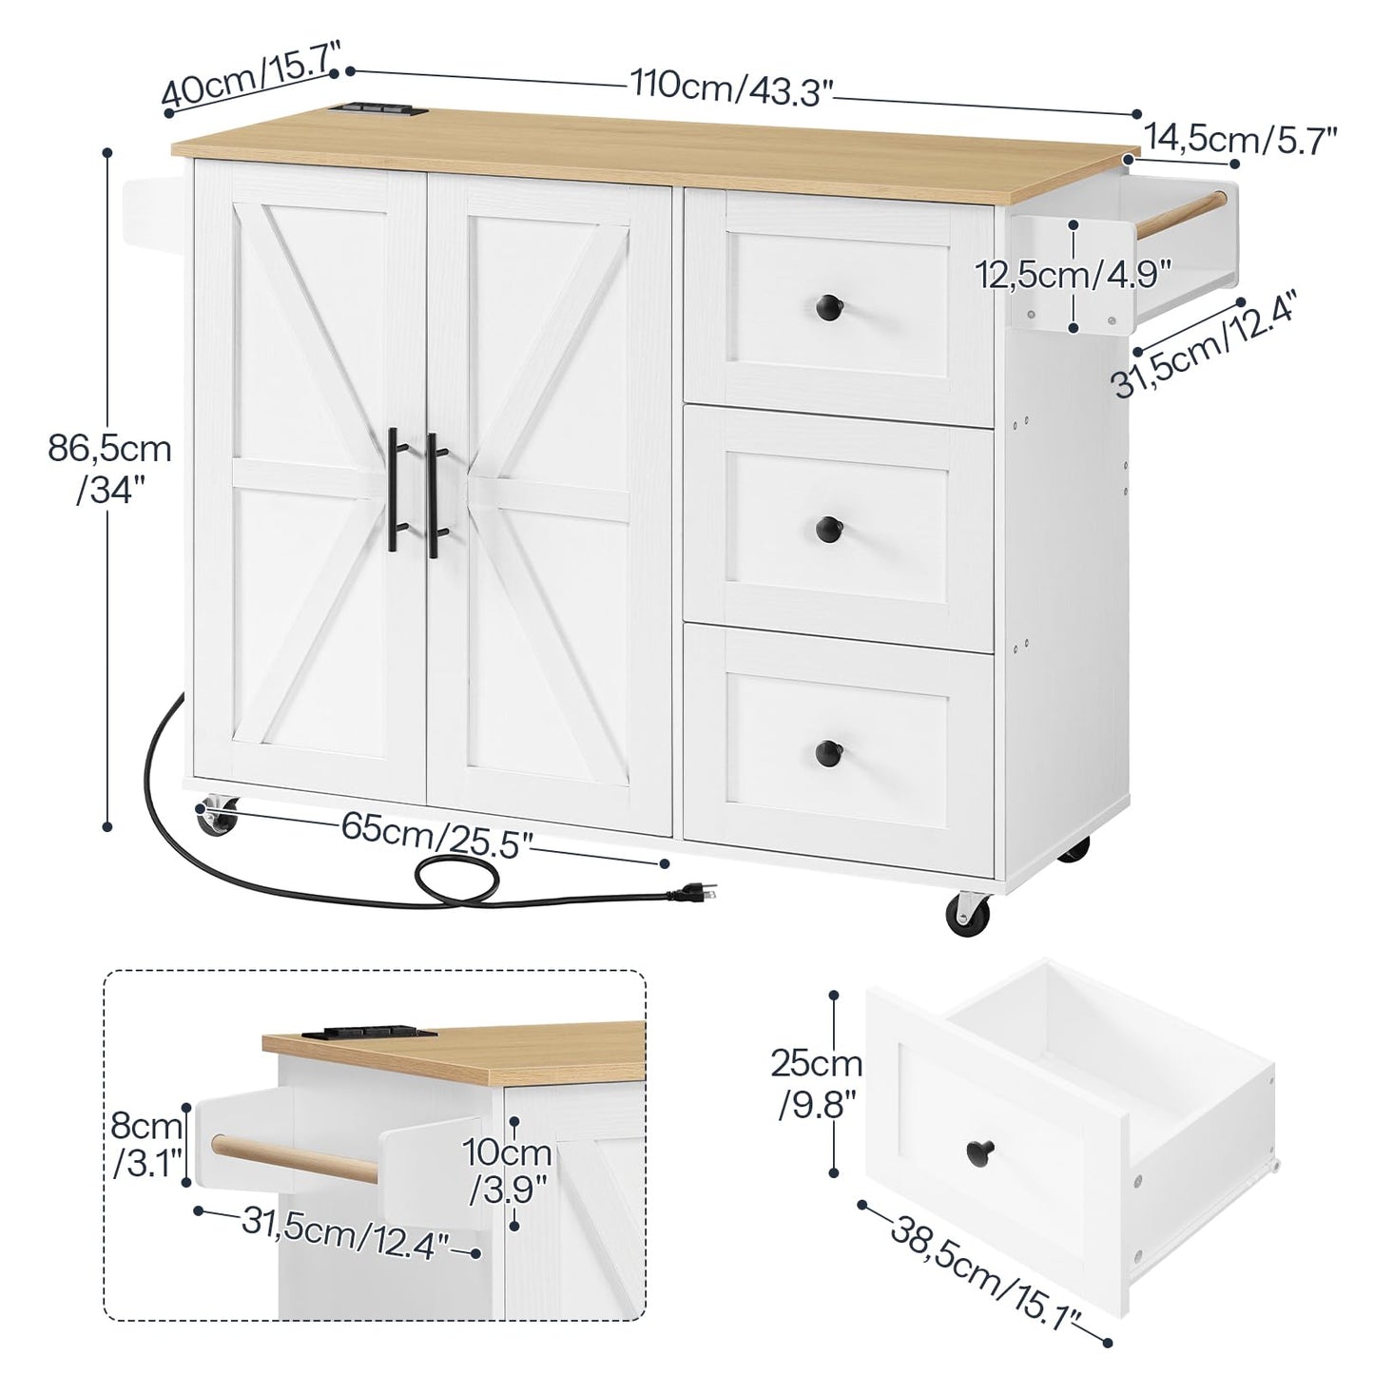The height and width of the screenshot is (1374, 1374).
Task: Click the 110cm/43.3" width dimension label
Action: click(x=732, y=87)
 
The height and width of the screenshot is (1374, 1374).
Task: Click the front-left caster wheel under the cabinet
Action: click(x=219, y=818)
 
